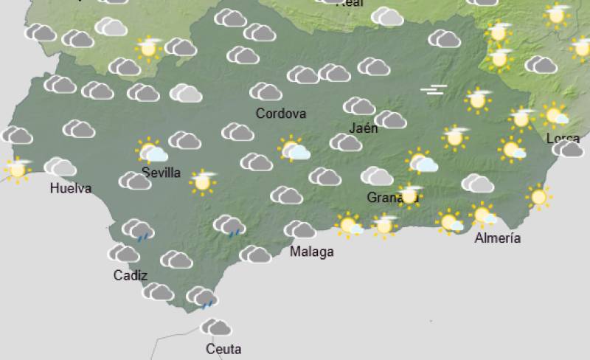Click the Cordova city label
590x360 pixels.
tap(280, 114)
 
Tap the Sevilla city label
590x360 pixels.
tap(161, 173)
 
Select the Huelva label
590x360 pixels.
tap(71, 188)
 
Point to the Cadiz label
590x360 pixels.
tap(131, 275)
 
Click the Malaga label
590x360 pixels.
tap(311, 252)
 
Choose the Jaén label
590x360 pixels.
tap(364, 128)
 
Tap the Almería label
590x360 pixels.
tap(498, 238)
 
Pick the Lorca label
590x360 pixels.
tap(563, 138)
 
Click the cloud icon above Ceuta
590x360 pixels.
tap(216, 327)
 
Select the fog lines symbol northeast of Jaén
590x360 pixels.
tap(434, 91)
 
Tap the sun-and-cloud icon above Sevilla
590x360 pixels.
tap(152, 151)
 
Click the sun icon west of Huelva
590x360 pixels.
tap(17, 169)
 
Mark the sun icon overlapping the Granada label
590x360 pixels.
tap(409, 195)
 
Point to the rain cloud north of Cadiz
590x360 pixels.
tap(137, 229)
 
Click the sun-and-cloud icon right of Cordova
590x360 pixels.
tap(294, 150)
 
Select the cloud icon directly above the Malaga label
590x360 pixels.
tap(299, 229)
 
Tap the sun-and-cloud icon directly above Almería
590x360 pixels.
tap(485, 215)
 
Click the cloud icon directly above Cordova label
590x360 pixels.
tap(265, 91)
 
